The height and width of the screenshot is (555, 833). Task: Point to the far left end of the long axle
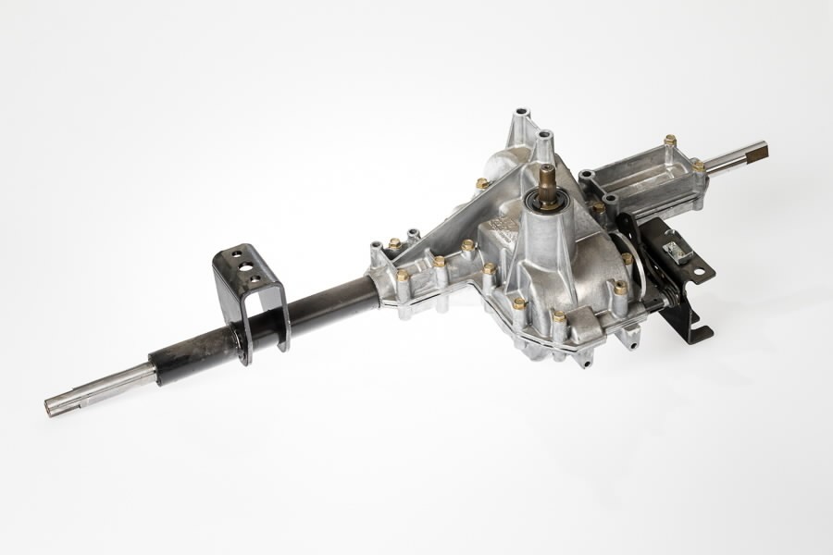(51, 405)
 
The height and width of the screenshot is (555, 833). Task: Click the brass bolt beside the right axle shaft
(699, 166)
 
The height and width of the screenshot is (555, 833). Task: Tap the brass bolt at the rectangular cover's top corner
(669, 141)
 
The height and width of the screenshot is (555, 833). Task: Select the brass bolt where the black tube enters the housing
(403, 275)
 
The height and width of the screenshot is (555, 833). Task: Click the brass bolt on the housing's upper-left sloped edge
(481, 184)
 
